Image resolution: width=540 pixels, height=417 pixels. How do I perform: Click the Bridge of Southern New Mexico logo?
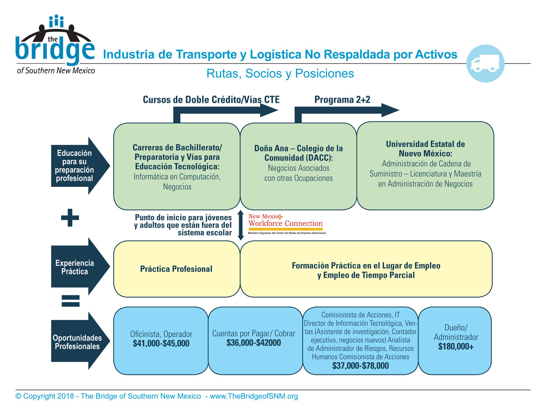(x=56, y=44)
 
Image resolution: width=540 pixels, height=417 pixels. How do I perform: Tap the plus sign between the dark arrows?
(x=70, y=218)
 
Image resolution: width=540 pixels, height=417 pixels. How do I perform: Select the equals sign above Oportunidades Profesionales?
(x=70, y=301)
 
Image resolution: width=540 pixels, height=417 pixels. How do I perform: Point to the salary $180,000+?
(x=456, y=346)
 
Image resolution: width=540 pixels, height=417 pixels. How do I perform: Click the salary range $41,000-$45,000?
(x=161, y=343)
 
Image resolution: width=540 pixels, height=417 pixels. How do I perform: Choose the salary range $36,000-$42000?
(x=254, y=343)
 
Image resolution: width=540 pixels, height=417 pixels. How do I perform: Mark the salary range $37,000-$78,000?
(x=360, y=366)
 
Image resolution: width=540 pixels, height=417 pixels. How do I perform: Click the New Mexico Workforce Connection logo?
(x=287, y=223)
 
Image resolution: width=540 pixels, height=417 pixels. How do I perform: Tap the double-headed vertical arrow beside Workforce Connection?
(x=240, y=225)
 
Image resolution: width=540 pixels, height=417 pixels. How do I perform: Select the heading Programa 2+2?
(x=342, y=100)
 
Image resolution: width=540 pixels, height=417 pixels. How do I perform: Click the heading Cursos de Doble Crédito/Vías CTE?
(x=211, y=100)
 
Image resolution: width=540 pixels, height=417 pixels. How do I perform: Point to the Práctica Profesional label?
(x=176, y=269)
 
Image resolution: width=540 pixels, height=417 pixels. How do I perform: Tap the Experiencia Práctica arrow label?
(x=75, y=267)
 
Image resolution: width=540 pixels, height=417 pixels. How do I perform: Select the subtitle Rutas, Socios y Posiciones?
(x=280, y=73)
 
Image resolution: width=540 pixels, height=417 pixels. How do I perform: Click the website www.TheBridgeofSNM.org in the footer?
(x=254, y=396)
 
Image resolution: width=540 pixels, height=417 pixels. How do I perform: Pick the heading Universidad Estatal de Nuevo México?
(x=425, y=149)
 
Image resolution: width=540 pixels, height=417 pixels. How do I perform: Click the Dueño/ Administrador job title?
(x=456, y=332)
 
